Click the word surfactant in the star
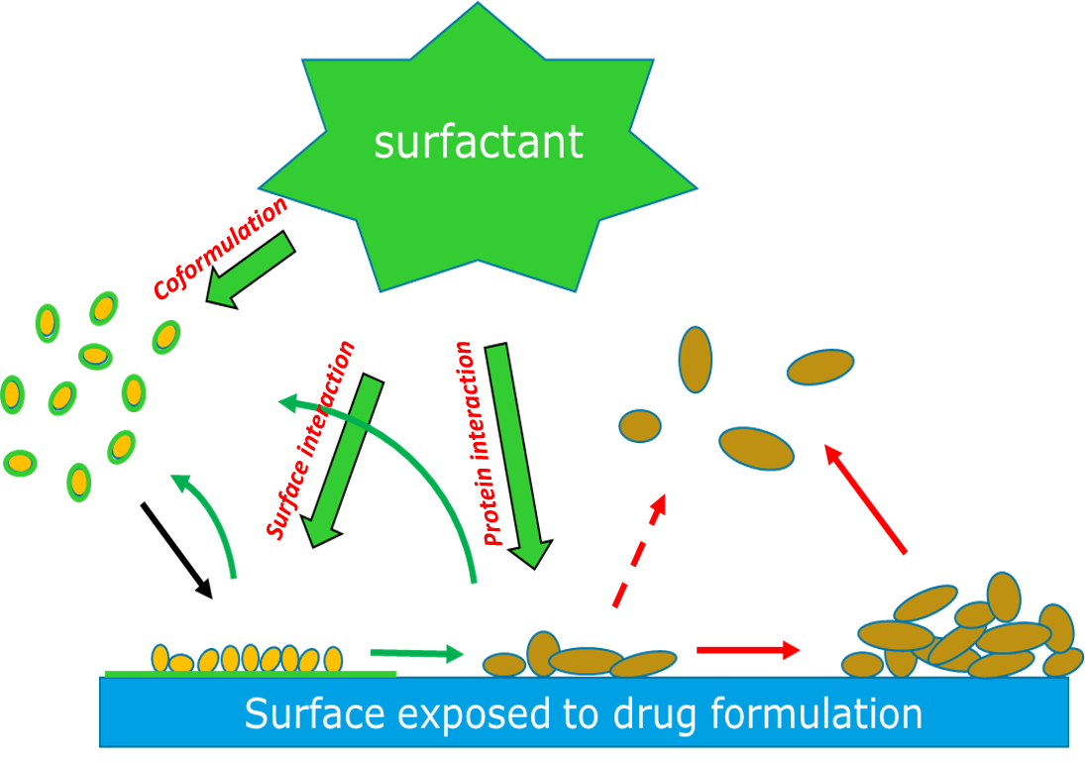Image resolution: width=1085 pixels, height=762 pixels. [479, 142]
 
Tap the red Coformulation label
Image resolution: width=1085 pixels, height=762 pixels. [221, 248]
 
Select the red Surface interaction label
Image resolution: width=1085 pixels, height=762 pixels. [310, 440]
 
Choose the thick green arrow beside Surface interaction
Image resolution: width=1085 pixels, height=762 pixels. [342, 461]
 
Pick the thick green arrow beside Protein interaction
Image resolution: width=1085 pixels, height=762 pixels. [517, 456]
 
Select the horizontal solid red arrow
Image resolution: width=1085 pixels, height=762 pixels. [748, 650]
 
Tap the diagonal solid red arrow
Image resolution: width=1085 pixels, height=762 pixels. [866, 500]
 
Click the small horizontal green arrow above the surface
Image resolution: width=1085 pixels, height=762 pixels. [416, 653]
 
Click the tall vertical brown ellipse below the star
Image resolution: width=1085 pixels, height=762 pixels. [696, 359]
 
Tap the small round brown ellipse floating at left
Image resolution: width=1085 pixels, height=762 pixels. [640, 426]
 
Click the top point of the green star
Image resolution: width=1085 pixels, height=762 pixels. [479, 8]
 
